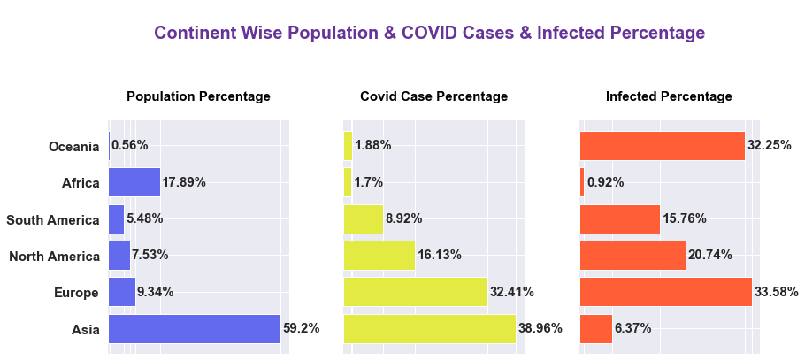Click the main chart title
[x=429, y=33]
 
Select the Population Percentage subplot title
[x=198, y=96]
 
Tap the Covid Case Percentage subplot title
[x=433, y=96]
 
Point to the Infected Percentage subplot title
[x=669, y=96]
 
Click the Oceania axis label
[x=74, y=147]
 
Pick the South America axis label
[x=53, y=219]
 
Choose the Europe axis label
[x=75, y=294]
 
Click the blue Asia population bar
[x=194, y=328]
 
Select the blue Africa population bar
[x=134, y=182]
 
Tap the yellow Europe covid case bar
[x=415, y=292]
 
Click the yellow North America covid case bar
[x=379, y=256]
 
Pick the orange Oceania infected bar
[x=662, y=146]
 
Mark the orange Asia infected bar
[x=595, y=328]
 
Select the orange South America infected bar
[x=619, y=219]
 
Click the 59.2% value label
[x=301, y=328]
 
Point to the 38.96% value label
[x=540, y=328]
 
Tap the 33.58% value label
[x=777, y=292]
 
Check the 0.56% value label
[x=130, y=145]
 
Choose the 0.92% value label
[x=605, y=182]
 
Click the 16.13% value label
[x=440, y=255]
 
